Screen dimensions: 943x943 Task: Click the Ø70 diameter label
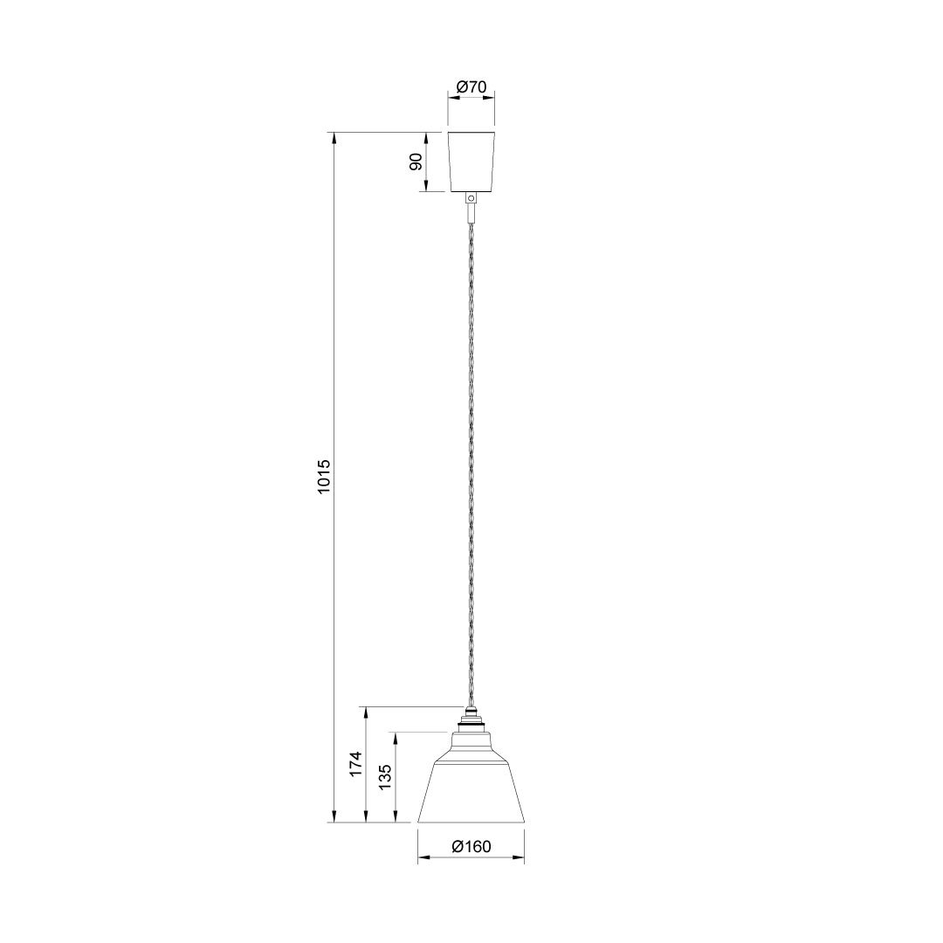tap(471, 87)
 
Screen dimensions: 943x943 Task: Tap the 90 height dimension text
tap(416, 162)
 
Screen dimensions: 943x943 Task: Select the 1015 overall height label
tap(324, 477)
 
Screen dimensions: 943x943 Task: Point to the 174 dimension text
tap(356, 764)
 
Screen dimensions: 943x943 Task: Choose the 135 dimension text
tap(385, 777)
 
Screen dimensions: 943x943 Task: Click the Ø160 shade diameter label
tap(471, 847)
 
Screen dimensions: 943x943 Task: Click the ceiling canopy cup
tap(471, 162)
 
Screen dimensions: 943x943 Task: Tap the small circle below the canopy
tap(471, 198)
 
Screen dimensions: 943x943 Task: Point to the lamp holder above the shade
tap(471, 719)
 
